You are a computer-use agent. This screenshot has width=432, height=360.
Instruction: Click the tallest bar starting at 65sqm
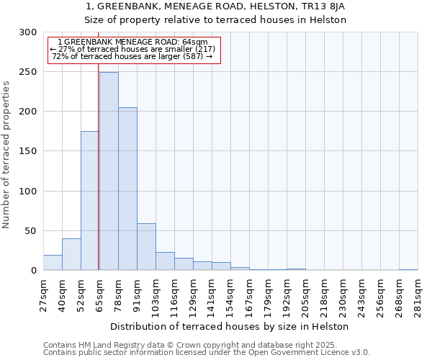109,171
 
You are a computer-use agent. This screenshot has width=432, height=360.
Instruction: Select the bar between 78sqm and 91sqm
127,189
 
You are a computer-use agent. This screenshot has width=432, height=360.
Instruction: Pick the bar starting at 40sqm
71,254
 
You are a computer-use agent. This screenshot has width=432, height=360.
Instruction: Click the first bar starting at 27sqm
53,263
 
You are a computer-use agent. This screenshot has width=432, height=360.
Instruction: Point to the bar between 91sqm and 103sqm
146,247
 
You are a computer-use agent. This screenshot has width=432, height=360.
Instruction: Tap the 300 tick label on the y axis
28,32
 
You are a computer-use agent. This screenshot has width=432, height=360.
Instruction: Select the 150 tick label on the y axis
28,151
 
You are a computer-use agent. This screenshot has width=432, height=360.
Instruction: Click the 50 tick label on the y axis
31,231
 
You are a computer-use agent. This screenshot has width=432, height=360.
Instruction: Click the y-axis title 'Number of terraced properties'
6,154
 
